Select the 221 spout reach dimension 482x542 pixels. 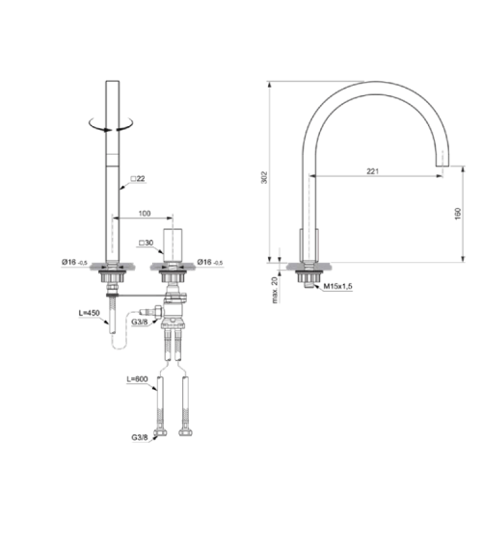373,171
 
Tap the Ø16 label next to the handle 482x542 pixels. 210,260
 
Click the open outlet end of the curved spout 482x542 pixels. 443,167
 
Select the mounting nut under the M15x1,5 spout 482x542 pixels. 309,279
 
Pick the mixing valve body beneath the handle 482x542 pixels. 174,304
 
